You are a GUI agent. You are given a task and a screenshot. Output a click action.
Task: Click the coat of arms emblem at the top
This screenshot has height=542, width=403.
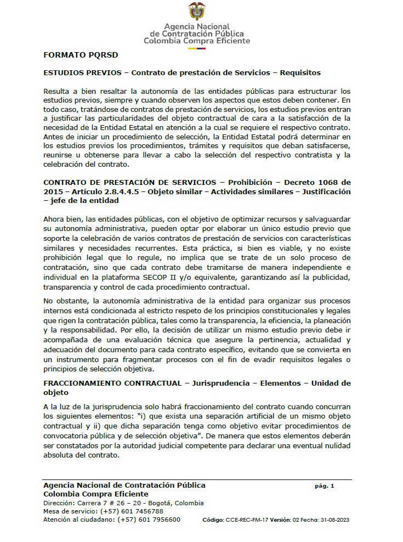pyautogui.click(x=197, y=11)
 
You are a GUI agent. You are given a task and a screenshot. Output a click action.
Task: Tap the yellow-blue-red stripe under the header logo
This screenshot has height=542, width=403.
pyautogui.click(x=197, y=48)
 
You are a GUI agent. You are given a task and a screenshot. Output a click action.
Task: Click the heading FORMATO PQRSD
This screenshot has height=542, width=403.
pyautogui.click(x=81, y=55)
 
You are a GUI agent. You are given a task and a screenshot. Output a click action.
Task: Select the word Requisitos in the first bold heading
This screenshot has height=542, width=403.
pyautogui.click(x=300, y=72)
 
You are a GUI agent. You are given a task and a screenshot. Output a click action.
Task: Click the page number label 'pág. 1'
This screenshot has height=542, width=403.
pyautogui.click(x=325, y=486)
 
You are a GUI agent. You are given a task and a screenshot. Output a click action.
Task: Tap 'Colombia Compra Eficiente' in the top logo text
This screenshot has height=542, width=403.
pyautogui.click(x=197, y=41)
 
